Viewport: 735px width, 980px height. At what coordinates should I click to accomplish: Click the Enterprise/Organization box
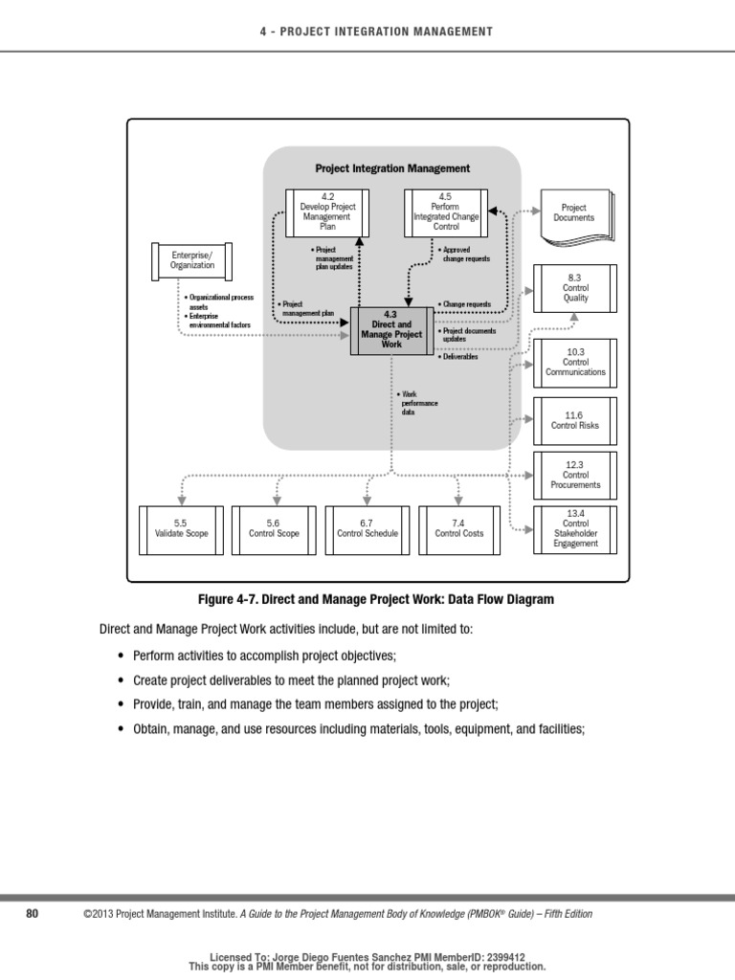(192, 259)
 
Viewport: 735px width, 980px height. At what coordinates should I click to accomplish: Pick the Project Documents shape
(574, 212)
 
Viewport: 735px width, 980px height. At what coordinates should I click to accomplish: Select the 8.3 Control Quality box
(575, 287)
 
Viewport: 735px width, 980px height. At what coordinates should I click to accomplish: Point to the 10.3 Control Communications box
(575, 362)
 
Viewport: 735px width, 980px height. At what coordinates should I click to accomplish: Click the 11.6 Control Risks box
(575, 420)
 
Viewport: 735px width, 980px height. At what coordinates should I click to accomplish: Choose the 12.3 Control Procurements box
(575, 474)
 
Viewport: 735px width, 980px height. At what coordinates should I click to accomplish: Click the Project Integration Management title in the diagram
(392, 168)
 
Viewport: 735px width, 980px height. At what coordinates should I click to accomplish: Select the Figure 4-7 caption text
(375, 600)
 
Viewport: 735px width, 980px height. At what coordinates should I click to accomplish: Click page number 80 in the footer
(32, 914)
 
